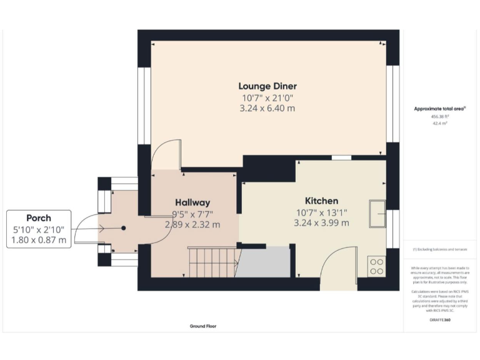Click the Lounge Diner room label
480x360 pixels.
267,86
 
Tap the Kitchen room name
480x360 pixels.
321,201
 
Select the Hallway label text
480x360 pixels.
192,202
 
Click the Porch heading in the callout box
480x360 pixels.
39,218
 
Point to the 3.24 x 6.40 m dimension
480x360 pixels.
268,108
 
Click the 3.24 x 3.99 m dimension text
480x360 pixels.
321,222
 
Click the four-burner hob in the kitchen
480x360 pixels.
377,266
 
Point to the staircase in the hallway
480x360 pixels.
211,261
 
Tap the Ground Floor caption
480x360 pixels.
203,326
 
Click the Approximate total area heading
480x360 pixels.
440,109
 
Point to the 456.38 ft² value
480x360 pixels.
440,116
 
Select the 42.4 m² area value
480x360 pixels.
440,124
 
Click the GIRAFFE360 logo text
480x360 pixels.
440,319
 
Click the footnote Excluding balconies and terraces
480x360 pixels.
440,250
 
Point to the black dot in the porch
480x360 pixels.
123,228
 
